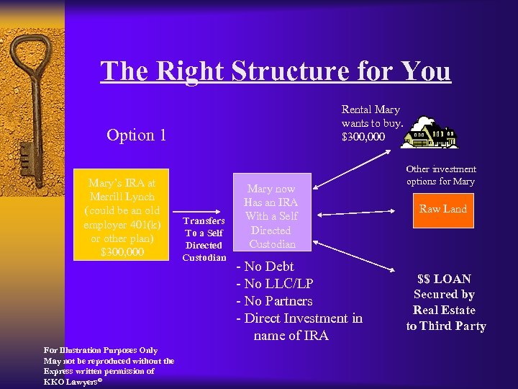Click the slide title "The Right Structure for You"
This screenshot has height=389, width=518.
(x=276, y=72)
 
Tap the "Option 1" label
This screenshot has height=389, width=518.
(x=136, y=135)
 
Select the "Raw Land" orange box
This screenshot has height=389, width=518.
(x=443, y=209)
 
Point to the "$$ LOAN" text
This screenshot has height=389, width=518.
(x=445, y=279)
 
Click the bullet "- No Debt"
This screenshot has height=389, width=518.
(x=265, y=267)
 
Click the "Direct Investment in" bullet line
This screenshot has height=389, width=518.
(x=299, y=318)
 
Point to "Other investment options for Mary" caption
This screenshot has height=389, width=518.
(x=440, y=175)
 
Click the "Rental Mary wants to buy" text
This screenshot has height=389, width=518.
(x=371, y=116)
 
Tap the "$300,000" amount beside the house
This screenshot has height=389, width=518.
(x=363, y=137)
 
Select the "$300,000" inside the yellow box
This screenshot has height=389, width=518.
(x=121, y=251)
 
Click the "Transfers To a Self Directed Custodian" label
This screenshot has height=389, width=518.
(x=204, y=238)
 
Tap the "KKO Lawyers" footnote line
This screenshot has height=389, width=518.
(x=73, y=381)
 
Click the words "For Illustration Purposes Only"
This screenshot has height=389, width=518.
(x=101, y=351)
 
